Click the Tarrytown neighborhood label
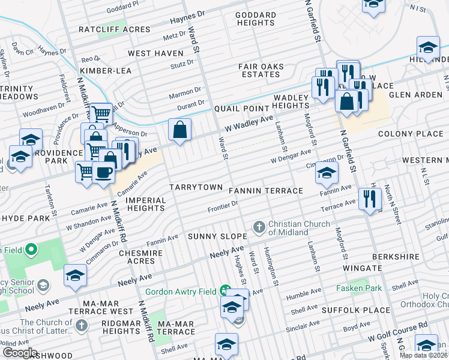point(196,187)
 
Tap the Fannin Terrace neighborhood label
point(266,191)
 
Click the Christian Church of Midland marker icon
point(259,227)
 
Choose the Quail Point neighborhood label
point(239,109)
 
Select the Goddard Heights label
point(256,19)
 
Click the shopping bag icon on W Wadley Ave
point(179,130)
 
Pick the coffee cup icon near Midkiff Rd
point(103,172)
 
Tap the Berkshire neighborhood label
point(395,256)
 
